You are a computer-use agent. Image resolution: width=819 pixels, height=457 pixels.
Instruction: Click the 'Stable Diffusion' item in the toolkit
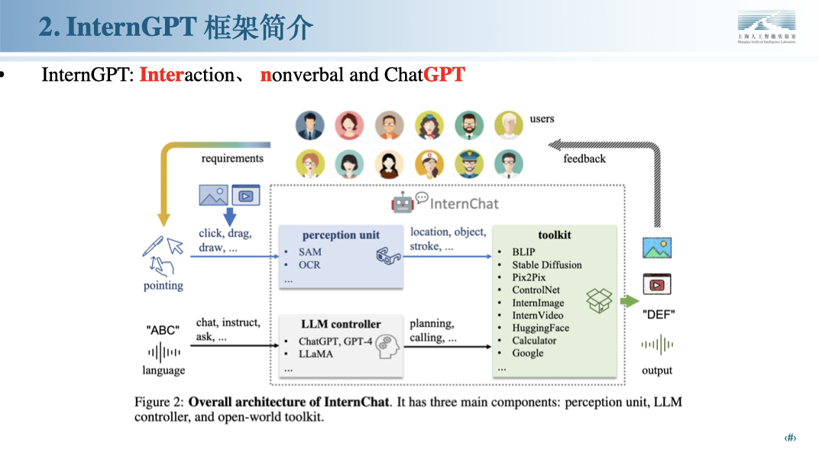tap(547, 264)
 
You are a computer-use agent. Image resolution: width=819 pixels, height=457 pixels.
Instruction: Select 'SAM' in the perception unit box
tap(309, 251)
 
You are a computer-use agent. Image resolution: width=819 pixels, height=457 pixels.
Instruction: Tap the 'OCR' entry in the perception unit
tap(309, 264)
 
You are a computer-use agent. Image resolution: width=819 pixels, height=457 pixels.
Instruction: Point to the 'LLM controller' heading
tap(341, 323)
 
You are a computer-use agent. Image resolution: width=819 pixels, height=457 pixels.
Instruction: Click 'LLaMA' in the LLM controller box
tap(316, 354)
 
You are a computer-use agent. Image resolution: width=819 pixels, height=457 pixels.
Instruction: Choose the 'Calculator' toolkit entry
tap(534, 340)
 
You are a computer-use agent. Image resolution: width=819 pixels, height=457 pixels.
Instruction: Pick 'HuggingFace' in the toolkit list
tap(540, 328)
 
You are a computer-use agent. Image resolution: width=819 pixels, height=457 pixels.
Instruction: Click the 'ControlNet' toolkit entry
tap(536, 290)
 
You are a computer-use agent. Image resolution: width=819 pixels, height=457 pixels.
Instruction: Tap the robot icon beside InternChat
tap(403, 203)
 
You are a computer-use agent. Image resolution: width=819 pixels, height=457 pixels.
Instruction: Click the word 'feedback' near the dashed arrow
tap(584, 159)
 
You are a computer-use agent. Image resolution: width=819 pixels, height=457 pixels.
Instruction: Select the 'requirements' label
tap(232, 158)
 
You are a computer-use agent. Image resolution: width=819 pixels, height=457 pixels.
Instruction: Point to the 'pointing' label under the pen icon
tap(163, 285)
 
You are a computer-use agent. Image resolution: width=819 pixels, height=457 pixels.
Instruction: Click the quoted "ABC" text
tap(163, 330)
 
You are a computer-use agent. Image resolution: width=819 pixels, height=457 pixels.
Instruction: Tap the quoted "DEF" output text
tap(658, 314)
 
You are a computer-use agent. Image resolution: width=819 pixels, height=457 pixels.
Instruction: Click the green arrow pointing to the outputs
tap(629, 300)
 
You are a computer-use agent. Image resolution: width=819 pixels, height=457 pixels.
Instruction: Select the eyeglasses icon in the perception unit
tap(388, 257)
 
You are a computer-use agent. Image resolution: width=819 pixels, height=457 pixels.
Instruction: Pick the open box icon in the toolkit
tap(599, 300)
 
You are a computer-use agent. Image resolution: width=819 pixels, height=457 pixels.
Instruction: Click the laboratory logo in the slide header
tap(766, 28)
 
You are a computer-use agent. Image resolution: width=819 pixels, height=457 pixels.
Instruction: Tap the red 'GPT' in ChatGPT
tap(444, 75)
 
